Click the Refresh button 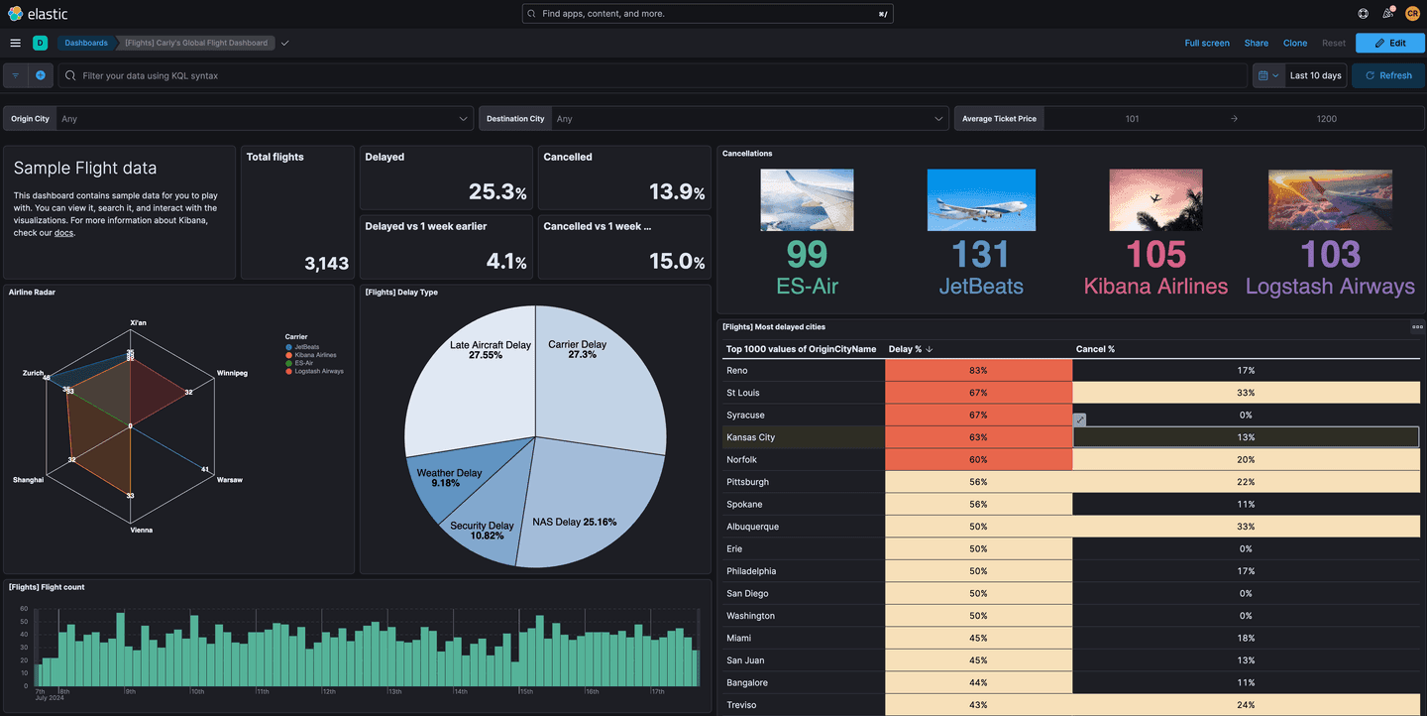1387,75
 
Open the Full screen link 1206,43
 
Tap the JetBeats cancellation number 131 980,255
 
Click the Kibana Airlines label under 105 1155,287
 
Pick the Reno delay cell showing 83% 978,370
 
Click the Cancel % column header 1095,349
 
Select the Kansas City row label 750,437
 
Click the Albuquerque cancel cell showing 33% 1246,527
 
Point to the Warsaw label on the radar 229,480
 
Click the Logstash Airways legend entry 318,371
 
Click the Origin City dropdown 264,119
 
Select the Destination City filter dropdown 748,119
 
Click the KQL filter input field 654,75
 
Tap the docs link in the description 63,233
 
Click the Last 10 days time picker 1315,75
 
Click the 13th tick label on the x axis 393,691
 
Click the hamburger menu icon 15,43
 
